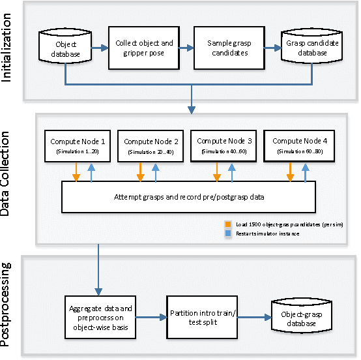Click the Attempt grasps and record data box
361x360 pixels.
tap(188, 196)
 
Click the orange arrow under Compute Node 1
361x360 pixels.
tap(76, 172)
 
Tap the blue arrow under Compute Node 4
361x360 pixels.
tap(304, 172)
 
